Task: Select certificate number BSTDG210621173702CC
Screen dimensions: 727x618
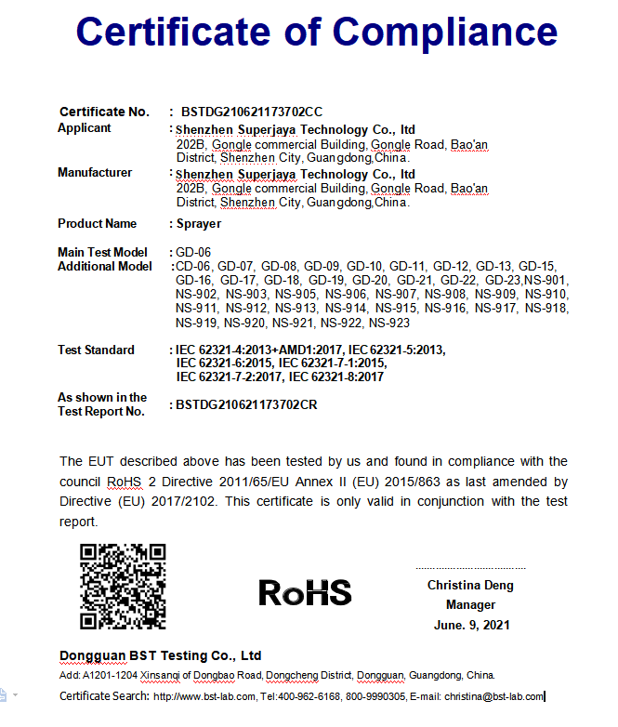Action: pos(252,112)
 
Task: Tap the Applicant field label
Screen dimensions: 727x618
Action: pos(85,128)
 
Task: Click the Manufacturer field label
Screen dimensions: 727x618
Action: pos(95,173)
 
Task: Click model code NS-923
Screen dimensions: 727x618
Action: pos(389,324)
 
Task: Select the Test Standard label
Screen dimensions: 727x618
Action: pos(96,350)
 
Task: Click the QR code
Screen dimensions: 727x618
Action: pos(124,586)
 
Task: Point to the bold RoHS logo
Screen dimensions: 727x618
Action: pos(305,592)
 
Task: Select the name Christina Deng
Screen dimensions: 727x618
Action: pos(470,586)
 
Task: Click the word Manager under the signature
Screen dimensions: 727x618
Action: pos(471,605)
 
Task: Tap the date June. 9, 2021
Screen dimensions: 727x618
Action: pos(471,626)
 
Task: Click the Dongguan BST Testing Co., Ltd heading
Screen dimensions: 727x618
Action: pos(161,655)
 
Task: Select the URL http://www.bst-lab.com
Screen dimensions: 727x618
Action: pos(204,696)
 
